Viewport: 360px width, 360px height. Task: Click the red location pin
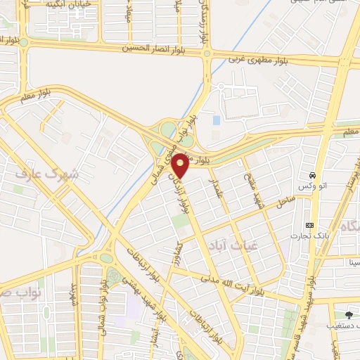tap(181, 165)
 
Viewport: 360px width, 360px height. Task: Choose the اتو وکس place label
tap(310, 186)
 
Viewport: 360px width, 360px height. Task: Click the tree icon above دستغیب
tap(349, 314)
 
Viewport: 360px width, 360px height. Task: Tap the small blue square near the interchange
tap(216, 120)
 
